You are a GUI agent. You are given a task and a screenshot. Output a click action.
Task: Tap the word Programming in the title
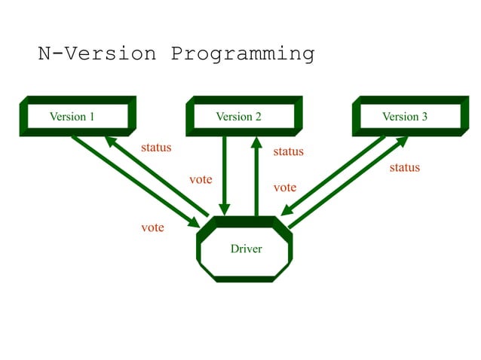point(242,54)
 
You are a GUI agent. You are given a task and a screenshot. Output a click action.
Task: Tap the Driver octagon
point(246,249)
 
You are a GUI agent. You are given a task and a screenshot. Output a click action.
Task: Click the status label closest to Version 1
point(156,148)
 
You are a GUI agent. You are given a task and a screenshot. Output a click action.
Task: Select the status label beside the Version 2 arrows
point(288,151)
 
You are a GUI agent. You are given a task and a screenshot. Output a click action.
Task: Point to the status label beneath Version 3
point(404,167)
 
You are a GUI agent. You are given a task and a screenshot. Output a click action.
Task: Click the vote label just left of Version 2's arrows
point(201,180)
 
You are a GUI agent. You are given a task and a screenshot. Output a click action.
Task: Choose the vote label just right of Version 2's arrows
point(284,188)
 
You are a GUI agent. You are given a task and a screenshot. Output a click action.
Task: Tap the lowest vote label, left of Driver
point(153,227)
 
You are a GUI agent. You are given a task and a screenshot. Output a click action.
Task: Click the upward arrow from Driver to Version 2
point(256,177)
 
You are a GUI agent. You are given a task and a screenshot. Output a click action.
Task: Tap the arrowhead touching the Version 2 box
point(256,142)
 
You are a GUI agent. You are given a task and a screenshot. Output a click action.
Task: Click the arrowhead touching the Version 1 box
point(110,141)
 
